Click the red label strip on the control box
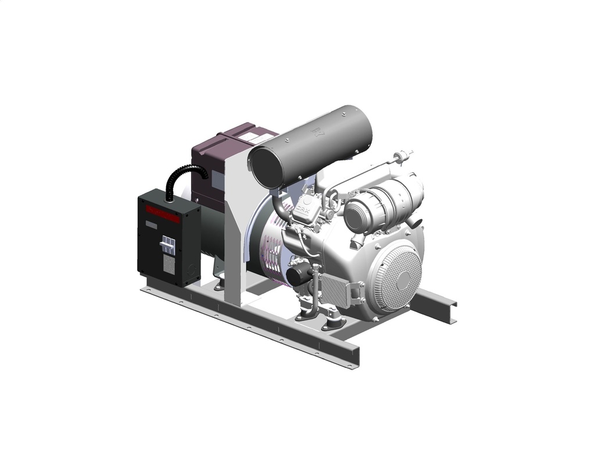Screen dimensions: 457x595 pos(163,214)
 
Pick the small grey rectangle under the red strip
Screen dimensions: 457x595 pos(150,224)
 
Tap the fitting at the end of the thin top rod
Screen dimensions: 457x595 pos(401,156)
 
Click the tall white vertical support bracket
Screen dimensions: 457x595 pos(235,233)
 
